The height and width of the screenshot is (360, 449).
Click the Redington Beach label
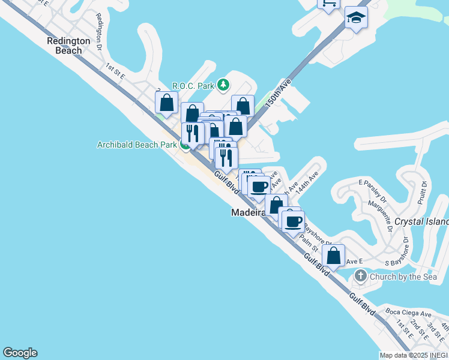[69, 46]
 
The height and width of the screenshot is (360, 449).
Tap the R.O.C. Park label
[193, 85]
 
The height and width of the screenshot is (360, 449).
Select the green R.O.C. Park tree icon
[223, 85]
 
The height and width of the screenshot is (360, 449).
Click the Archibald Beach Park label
[137, 145]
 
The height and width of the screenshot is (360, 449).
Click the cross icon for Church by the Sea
[360, 277]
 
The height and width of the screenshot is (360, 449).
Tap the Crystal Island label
[426, 222]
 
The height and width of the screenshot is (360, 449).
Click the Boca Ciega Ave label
[409, 313]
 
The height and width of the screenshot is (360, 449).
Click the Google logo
[20, 353]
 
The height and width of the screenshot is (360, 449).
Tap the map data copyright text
[414, 355]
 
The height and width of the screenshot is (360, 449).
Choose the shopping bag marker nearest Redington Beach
[166, 103]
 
